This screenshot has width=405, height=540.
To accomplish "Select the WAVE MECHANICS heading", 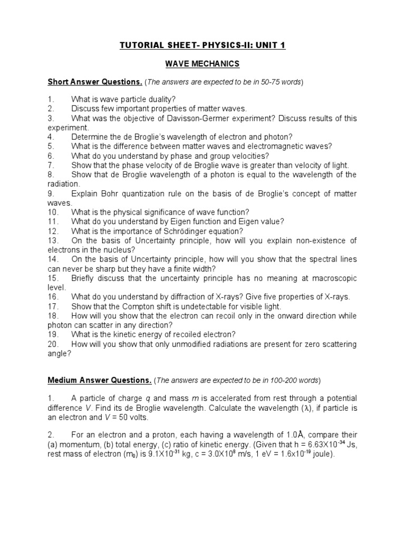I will pyautogui.click(x=202, y=64).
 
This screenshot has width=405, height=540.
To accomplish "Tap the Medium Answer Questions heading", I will pyautogui.click(x=100, y=380).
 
